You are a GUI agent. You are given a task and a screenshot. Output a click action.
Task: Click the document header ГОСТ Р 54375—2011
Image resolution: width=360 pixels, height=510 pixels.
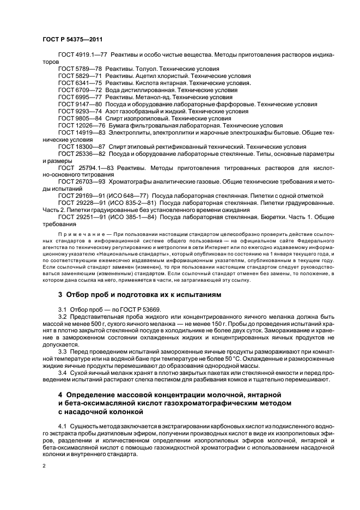(72, 40)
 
